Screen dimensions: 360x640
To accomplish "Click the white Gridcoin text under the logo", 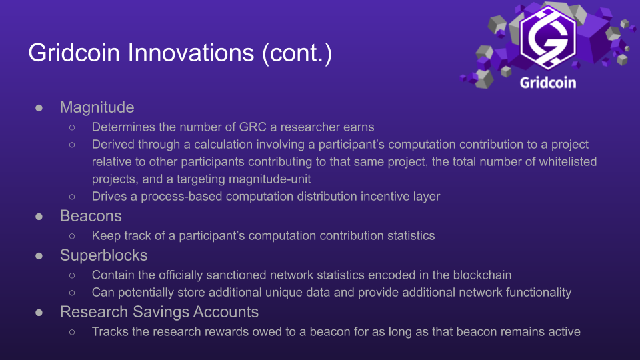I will click(x=547, y=83).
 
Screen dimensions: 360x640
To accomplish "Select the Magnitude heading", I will click(x=97, y=107).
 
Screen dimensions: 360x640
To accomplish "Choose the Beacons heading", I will click(x=91, y=216).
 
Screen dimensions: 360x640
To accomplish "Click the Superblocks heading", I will click(x=103, y=256).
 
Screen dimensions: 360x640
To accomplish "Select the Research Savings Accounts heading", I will click(x=159, y=312).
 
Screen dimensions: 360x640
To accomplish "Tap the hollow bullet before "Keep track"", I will click(x=72, y=236).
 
